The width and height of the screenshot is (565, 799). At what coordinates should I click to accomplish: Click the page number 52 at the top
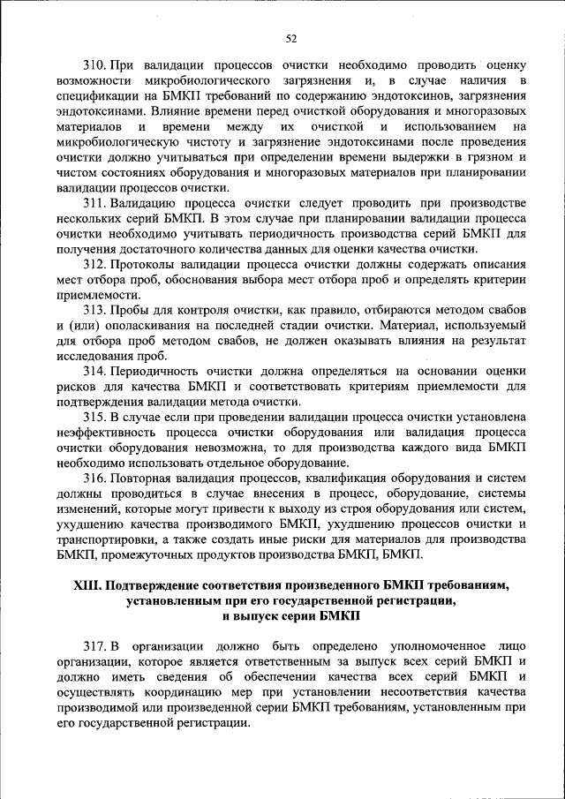290,37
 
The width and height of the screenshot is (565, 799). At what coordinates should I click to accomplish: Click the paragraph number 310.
94,65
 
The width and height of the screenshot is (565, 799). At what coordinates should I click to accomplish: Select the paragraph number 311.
94,203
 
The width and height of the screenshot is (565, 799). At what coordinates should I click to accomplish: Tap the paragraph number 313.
94,310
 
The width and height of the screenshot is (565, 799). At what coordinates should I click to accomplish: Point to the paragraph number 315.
94,417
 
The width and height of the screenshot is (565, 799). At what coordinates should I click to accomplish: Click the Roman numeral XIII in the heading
89,585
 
